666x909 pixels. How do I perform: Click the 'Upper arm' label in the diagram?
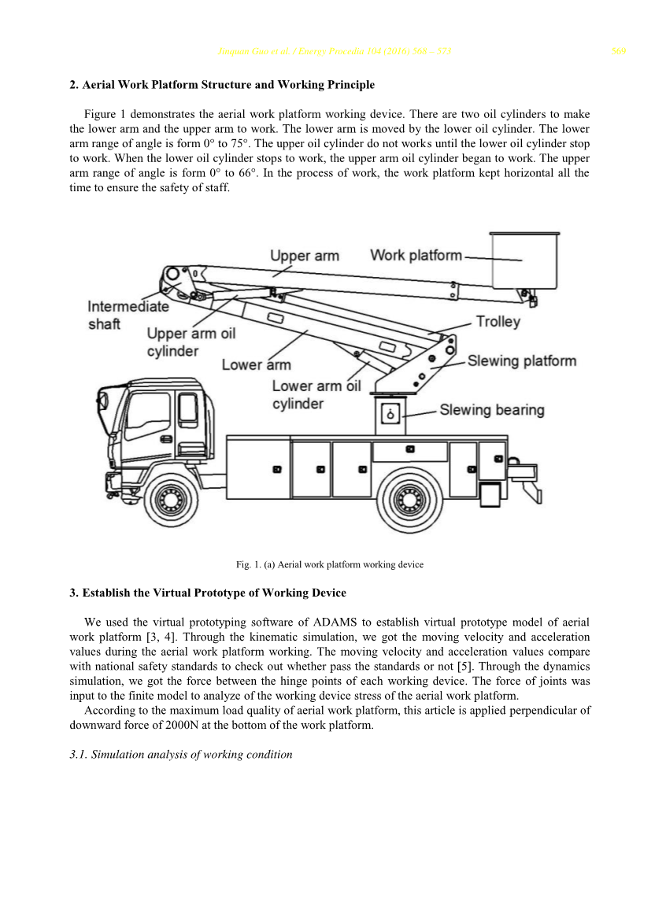tap(304, 256)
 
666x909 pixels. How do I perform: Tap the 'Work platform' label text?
tap(416, 255)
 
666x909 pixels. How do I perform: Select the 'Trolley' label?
tap(498, 322)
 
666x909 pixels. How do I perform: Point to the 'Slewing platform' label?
tap(521, 361)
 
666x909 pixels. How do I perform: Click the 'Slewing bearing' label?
tap(491, 410)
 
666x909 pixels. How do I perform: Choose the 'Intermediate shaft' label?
tap(128, 315)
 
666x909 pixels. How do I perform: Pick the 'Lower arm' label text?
tap(256, 365)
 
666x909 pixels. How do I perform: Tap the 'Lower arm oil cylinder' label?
tap(316, 394)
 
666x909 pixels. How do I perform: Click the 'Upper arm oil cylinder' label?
tap(191, 342)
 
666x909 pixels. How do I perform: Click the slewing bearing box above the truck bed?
tap(391, 414)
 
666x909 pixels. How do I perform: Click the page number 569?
tap(618, 53)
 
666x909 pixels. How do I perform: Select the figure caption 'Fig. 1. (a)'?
tap(330, 564)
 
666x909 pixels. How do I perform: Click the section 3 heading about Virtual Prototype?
tap(208, 593)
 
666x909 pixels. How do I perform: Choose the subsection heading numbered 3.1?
tap(180, 754)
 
